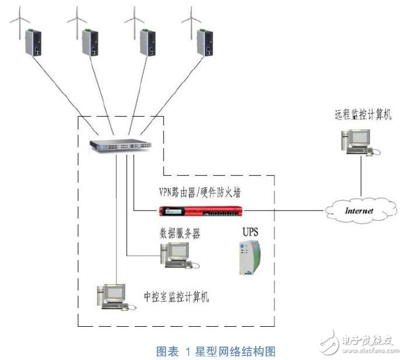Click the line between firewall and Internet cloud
pyautogui.click(x=286, y=210)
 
